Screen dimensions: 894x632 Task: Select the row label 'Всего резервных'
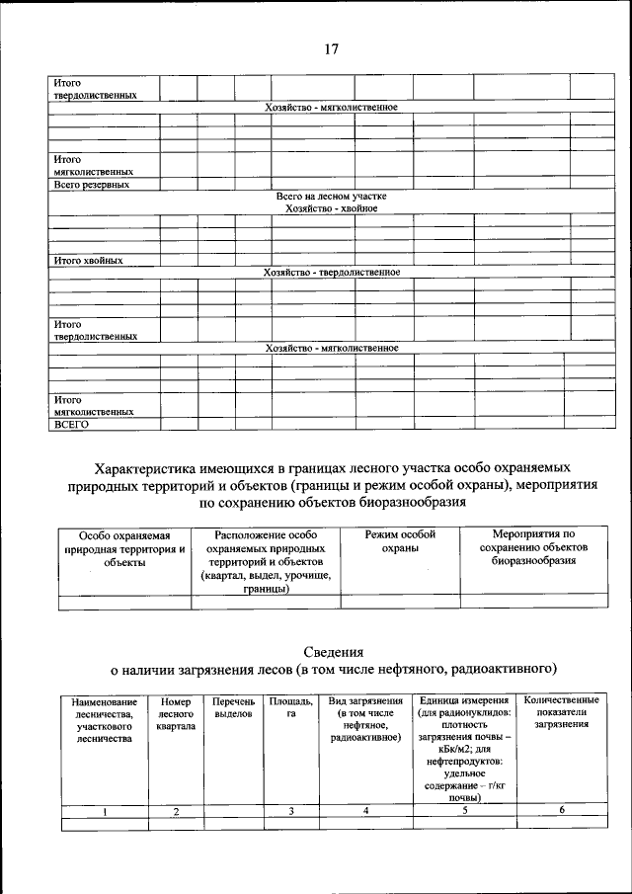92,184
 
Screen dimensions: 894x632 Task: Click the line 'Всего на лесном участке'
331,197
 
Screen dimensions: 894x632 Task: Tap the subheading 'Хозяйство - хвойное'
331,208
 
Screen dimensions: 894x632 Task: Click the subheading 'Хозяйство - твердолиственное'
331,273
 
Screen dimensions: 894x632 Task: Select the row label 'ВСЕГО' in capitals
72,424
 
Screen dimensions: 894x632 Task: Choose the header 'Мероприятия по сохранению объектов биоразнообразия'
533,547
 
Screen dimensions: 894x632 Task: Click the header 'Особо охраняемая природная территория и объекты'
124,547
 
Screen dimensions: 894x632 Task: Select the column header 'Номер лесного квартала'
176,713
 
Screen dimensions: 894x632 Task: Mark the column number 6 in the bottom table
561,810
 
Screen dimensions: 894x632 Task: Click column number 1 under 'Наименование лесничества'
104,811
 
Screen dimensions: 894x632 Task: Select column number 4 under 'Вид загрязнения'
365,811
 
